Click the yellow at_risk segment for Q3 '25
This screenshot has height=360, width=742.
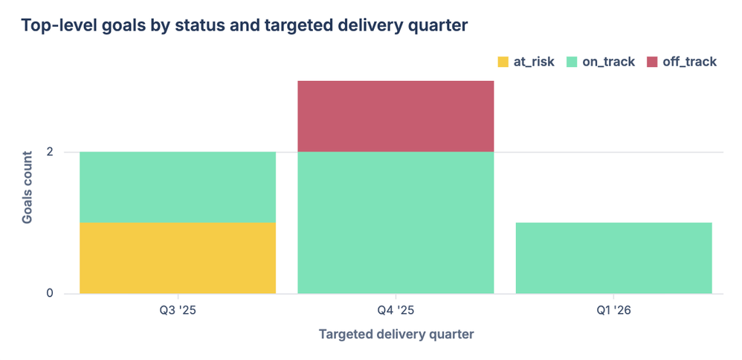point(178,257)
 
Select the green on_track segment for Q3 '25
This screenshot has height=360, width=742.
point(178,187)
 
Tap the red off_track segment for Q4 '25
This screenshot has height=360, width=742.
point(396,116)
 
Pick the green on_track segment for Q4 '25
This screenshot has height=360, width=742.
point(396,222)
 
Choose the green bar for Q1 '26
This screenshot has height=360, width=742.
point(613,257)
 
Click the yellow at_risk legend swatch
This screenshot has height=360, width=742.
point(503,62)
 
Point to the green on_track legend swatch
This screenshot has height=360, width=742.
point(572,62)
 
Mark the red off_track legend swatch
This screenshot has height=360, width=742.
point(652,62)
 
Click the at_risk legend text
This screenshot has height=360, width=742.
point(534,62)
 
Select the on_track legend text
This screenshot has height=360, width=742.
point(608,62)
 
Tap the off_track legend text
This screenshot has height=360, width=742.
point(689,62)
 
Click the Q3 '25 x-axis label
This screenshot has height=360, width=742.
point(178,310)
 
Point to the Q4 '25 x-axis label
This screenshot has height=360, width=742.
point(396,310)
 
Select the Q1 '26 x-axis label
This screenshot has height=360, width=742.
point(613,310)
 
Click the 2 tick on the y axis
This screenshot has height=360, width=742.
point(50,152)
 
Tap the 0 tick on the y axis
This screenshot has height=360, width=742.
point(50,293)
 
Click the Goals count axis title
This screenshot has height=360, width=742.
point(27,187)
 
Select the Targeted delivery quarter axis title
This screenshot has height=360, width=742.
point(396,334)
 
